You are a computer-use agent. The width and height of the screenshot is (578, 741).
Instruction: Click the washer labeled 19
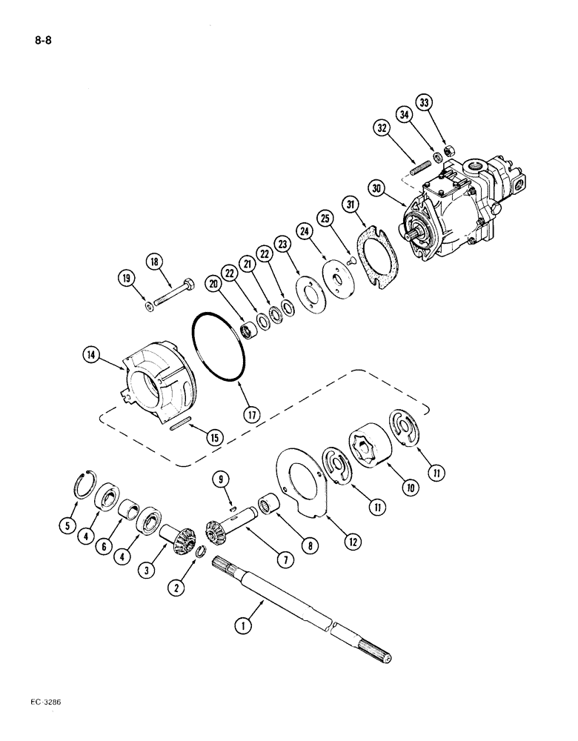(x=150, y=305)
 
